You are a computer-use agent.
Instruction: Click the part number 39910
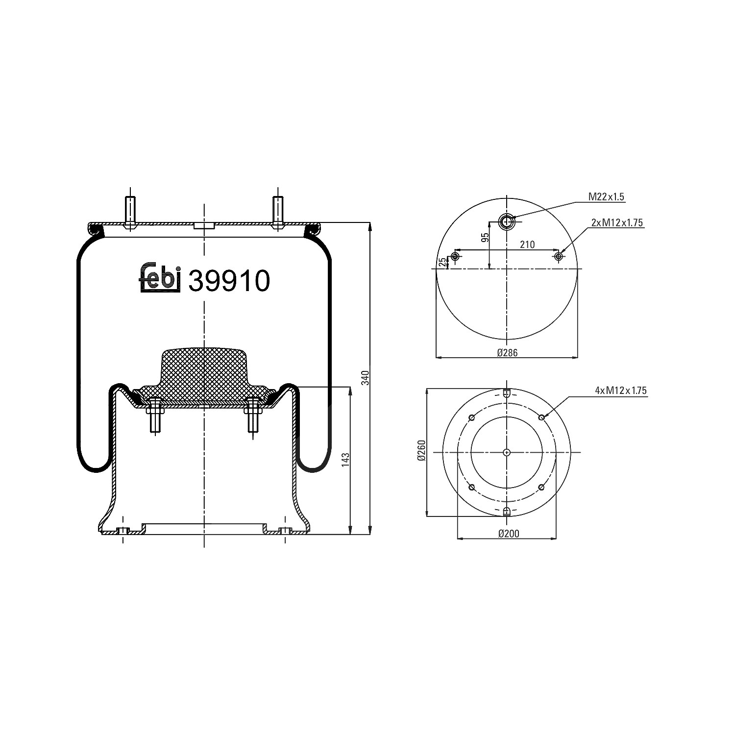(x=229, y=281)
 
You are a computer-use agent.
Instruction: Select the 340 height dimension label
(x=364, y=378)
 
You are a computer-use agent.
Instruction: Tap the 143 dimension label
(x=346, y=460)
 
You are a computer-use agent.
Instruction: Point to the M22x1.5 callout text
(x=606, y=197)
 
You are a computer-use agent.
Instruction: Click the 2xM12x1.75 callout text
(x=617, y=222)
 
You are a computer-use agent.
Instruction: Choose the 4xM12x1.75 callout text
(x=621, y=391)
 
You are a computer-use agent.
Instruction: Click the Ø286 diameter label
(x=507, y=352)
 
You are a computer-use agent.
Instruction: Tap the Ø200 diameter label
(x=508, y=534)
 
